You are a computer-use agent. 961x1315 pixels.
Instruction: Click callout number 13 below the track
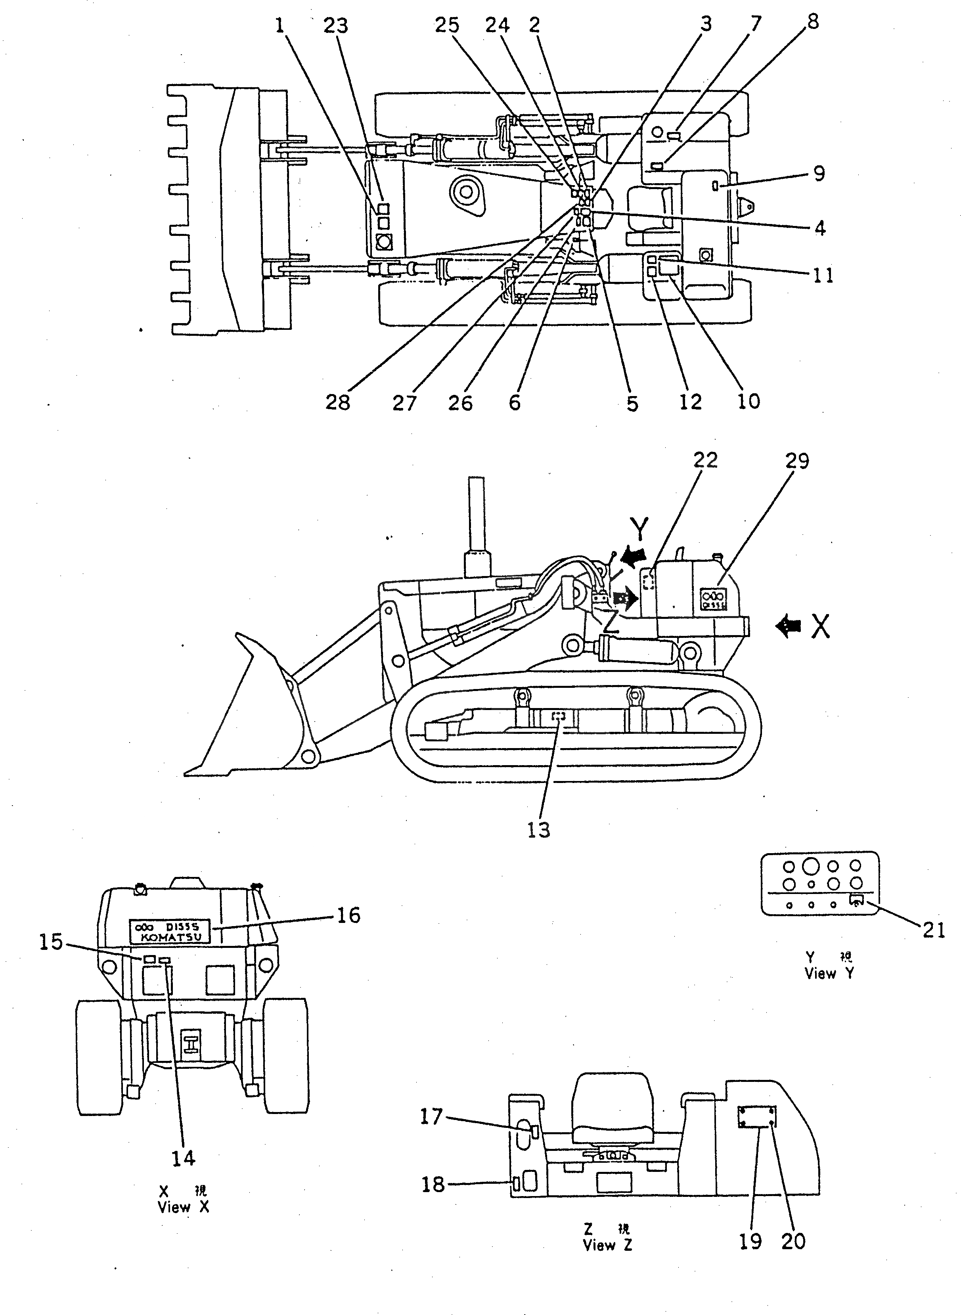click(539, 830)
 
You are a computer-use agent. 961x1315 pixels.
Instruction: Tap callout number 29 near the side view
click(796, 461)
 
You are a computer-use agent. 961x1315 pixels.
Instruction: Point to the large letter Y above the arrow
click(639, 529)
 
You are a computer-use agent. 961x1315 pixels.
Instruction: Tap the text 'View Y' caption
click(829, 974)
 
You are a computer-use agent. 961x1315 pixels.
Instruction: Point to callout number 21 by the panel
click(934, 930)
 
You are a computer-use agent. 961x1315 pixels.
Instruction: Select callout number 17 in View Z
click(432, 1117)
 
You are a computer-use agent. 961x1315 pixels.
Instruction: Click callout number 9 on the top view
click(819, 173)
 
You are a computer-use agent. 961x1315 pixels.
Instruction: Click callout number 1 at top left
click(281, 26)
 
